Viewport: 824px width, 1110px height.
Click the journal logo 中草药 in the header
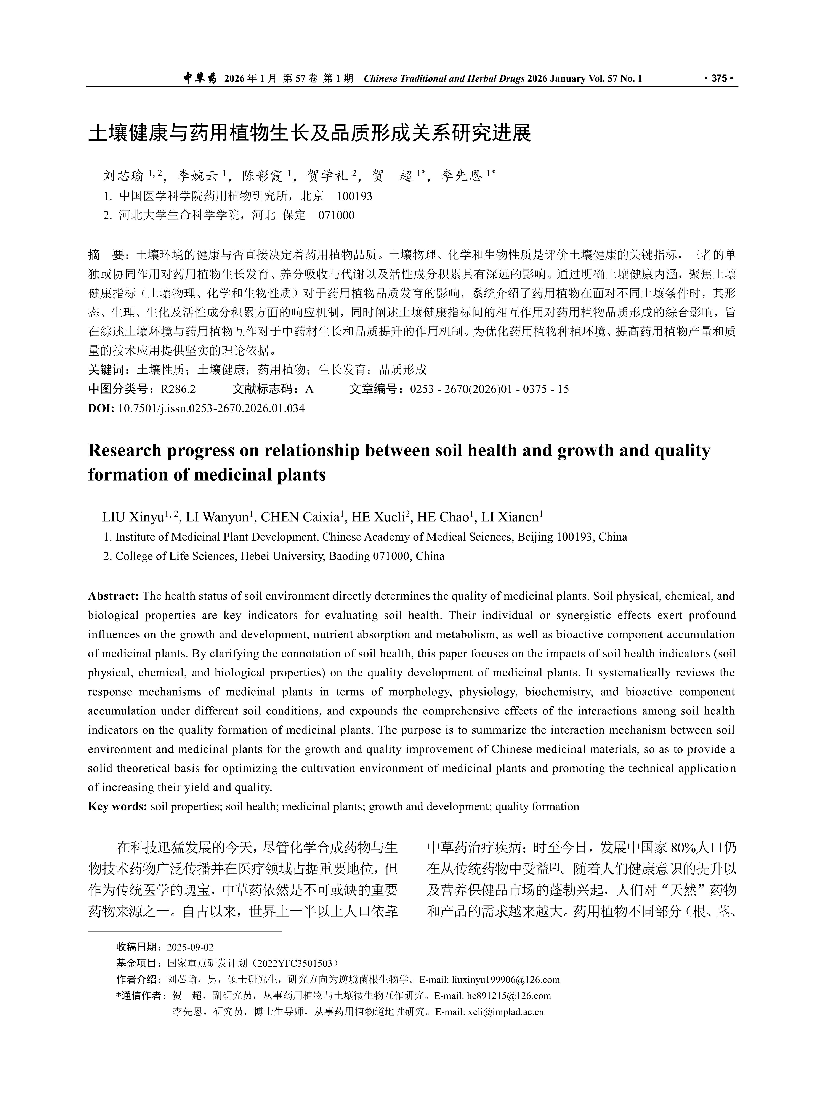point(200,78)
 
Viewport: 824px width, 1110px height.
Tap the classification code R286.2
point(178,389)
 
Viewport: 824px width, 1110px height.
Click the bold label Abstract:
point(113,596)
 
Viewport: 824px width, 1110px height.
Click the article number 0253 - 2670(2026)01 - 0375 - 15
point(489,389)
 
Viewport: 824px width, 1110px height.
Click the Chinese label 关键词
point(106,370)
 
